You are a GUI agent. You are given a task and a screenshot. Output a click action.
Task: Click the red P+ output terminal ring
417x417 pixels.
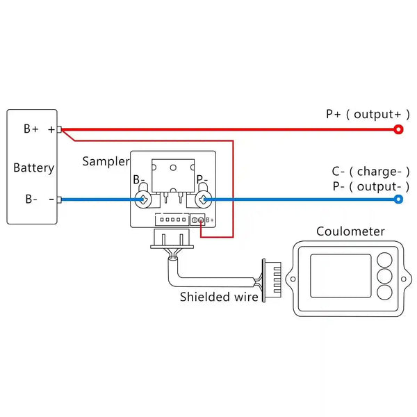pyautogui.click(x=398, y=129)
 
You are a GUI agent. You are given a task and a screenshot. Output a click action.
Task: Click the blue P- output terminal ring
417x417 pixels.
pyautogui.click(x=398, y=199)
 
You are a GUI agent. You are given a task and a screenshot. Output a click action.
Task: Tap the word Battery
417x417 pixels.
pyautogui.click(x=34, y=168)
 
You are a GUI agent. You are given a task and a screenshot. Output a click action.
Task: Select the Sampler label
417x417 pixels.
pyautogui.click(x=106, y=161)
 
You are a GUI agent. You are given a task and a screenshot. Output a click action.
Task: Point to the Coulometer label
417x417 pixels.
pyautogui.click(x=350, y=231)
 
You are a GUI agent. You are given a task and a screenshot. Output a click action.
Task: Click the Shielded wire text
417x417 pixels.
pyautogui.click(x=219, y=297)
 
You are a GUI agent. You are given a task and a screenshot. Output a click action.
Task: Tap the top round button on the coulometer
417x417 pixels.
pyautogui.click(x=384, y=260)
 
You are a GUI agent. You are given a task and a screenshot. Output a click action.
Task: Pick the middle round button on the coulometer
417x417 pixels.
pyautogui.click(x=384, y=276)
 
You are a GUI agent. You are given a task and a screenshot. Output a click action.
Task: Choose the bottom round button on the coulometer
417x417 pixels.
pyautogui.click(x=384, y=292)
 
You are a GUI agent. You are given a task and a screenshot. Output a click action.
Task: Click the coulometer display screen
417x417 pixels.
pyautogui.click(x=341, y=276)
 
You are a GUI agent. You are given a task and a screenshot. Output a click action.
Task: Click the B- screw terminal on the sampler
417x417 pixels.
pyautogui.click(x=143, y=199)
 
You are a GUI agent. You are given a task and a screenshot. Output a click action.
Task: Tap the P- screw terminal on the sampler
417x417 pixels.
pyautogui.click(x=204, y=199)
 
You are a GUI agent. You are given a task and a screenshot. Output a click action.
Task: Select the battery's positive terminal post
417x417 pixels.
pyautogui.click(x=59, y=129)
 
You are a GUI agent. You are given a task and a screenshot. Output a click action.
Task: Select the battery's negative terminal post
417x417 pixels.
pyautogui.click(x=59, y=199)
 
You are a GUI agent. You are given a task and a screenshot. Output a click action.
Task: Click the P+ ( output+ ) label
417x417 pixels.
pyautogui.click(x=368, y=115)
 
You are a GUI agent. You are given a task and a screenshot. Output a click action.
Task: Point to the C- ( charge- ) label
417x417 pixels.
pyautogui.click(x=370, y=172)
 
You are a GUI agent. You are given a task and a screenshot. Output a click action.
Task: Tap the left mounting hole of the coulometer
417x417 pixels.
pyautogui.click(x=293, y=279)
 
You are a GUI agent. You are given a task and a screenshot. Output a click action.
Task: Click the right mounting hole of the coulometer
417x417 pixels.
pyautogui.click(x=403, y=279)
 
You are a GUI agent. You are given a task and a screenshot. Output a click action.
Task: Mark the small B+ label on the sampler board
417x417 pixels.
pyautogui.click(x=210, y=220)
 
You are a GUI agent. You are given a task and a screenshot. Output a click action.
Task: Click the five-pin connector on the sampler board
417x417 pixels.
pyautogui.click(x=172, y=220)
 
